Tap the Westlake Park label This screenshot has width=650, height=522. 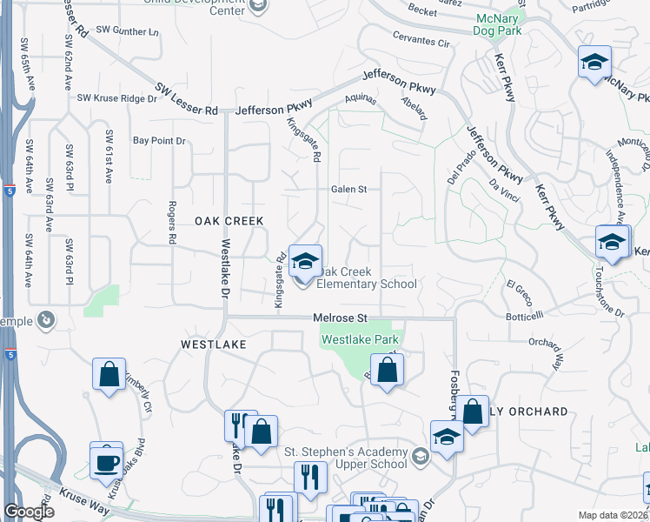click(x=360, y=339)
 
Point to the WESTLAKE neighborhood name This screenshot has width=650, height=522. click(x=214, y=345)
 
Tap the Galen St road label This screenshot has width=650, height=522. click(x=348, y=189)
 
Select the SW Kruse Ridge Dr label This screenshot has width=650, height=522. click(x=117, y=99)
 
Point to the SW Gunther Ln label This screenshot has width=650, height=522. click(x=129, y=30)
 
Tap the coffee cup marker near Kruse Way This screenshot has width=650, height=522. click(x=107, y=459)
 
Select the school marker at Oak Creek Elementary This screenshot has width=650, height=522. click(x=305, y=261)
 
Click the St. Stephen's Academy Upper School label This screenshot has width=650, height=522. click(x=346, y=458)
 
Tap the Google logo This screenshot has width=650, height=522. click(x=29, y=512)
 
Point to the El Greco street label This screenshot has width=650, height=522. click(x=518, y=286)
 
